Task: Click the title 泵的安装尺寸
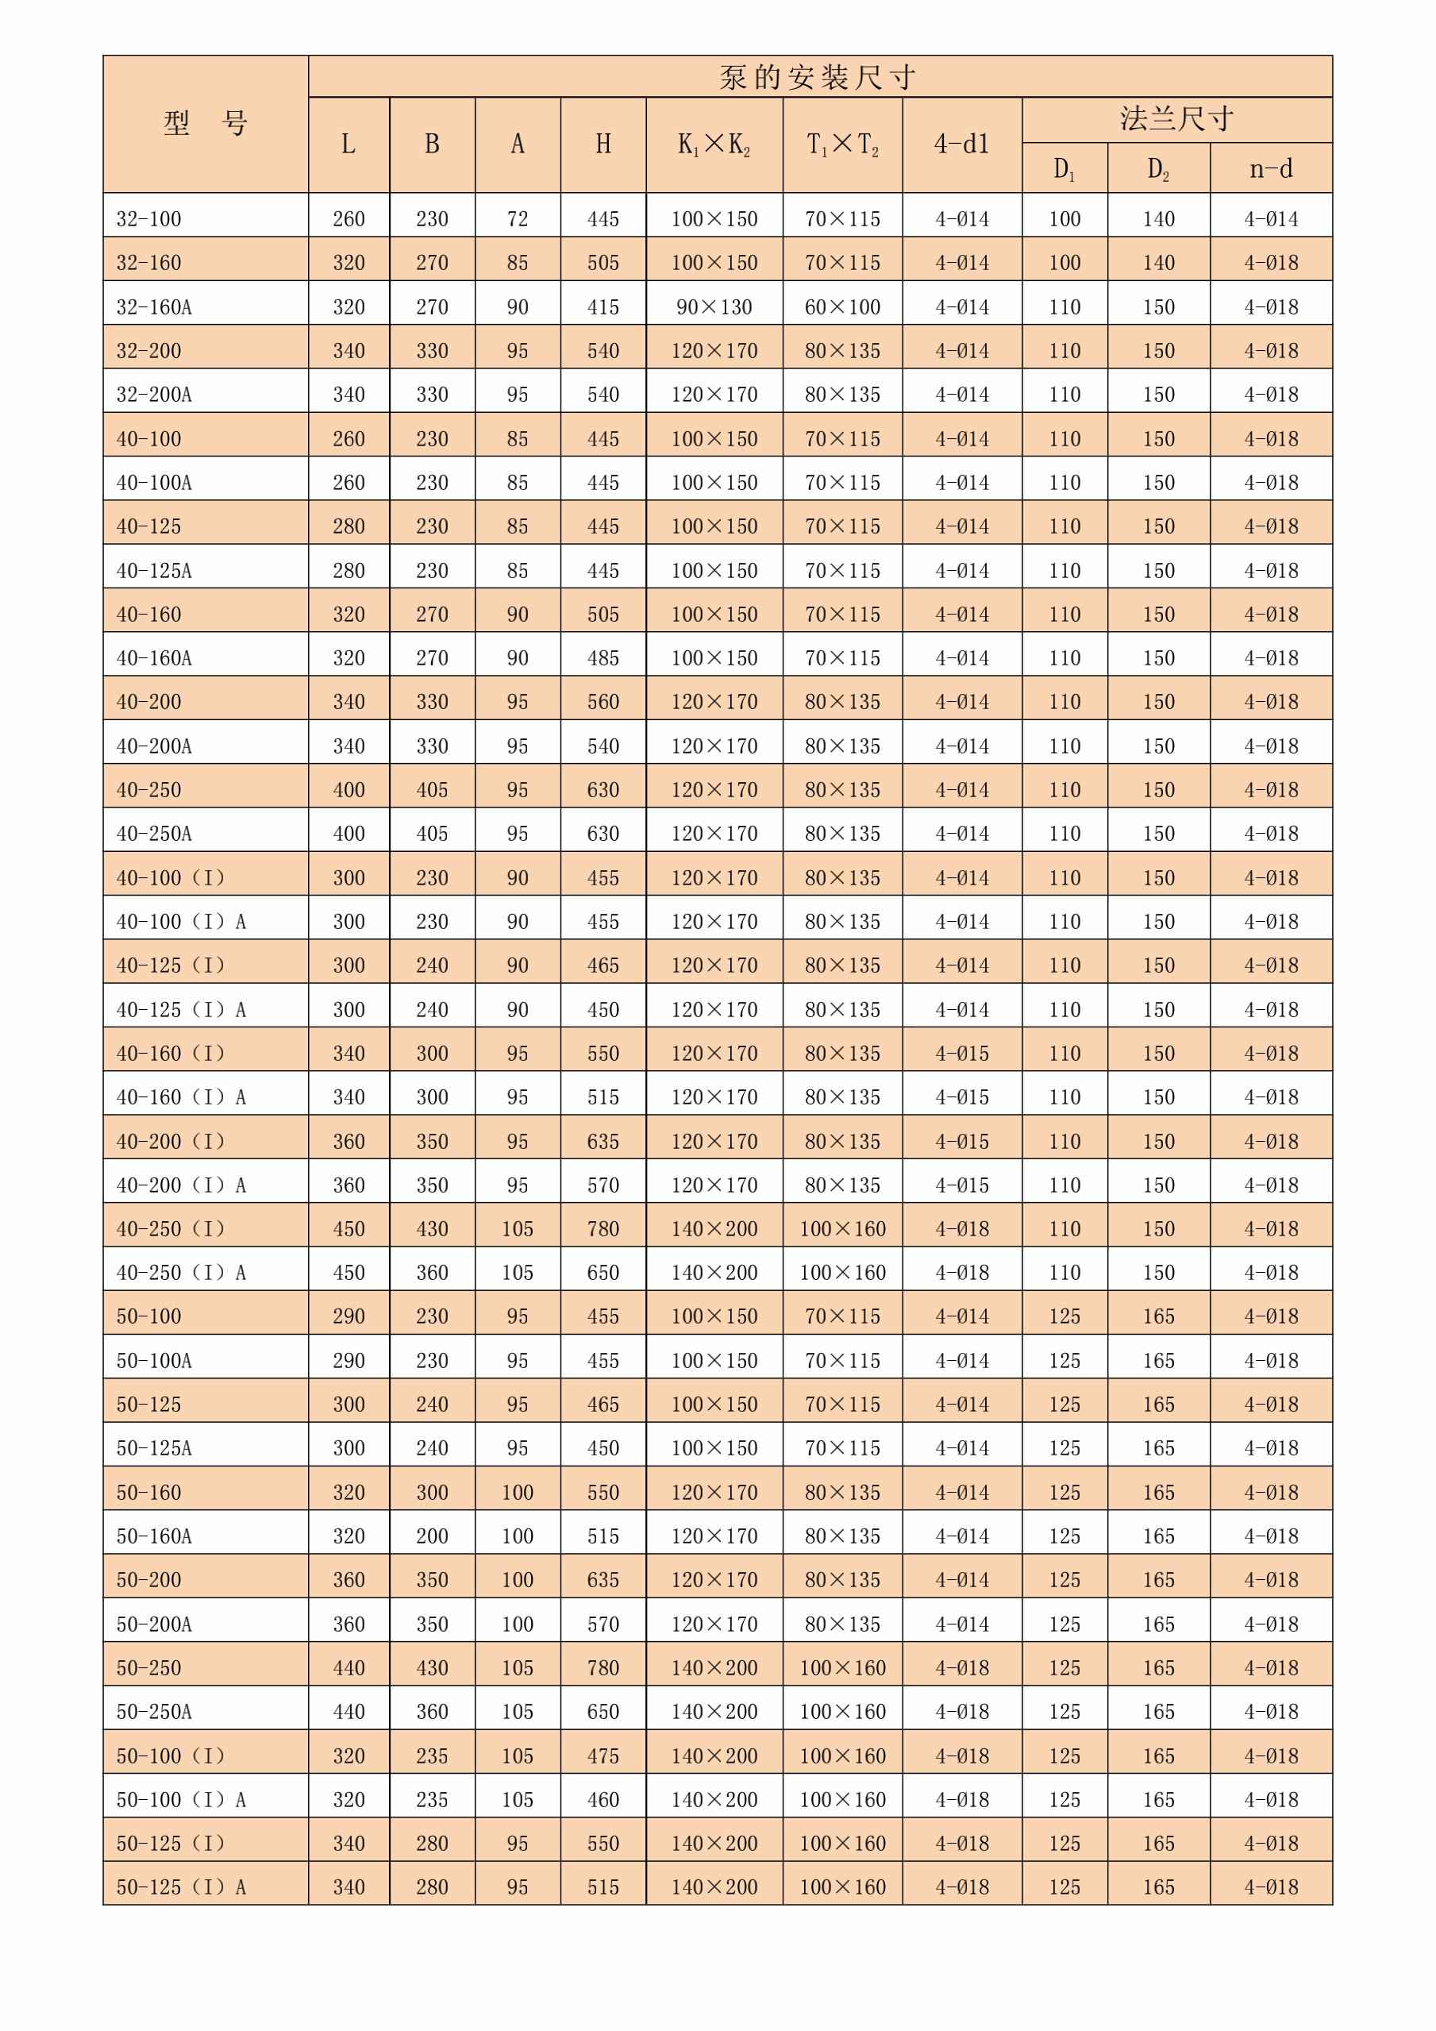[818, 78]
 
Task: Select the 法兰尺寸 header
[1176, 119]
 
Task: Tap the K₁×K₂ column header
[714, 145]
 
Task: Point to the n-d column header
[1271, 168]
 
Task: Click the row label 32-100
[148, 218]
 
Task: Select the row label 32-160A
[154, 307]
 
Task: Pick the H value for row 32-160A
[603, 307]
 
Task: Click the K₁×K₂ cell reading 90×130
[714, 307]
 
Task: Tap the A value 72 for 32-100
[518, 218]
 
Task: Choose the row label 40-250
[148, 790]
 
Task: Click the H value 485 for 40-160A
[603, 658]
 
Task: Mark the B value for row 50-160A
[432, 1536]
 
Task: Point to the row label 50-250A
[154, 1712]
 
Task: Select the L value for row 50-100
[348, 1316]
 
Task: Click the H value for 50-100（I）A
[603, 1800]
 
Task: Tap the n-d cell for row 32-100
[1271, 218]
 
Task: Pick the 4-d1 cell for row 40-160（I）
[962, 1054]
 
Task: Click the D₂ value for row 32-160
[1158, 263]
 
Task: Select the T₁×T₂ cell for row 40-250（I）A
[843, 1273]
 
